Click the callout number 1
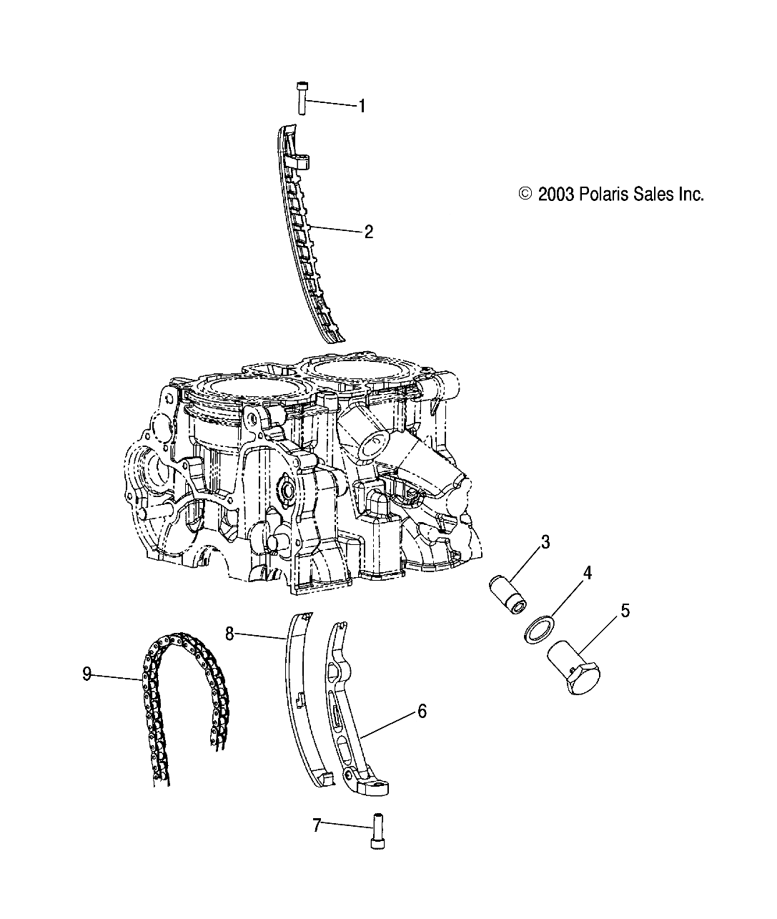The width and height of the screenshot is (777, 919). point(362,107)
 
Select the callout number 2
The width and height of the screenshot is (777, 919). point(369,232)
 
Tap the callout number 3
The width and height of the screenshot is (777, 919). point(565,543)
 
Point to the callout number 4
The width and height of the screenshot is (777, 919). point(587,573)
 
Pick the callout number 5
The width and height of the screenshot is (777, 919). point(625,611)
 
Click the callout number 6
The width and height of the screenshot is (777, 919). point(422,712)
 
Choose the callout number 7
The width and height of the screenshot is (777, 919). point(317,825)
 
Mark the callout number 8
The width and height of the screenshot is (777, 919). point(229,633)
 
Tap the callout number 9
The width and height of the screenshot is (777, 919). point(87,674)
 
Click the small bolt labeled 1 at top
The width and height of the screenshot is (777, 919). point(300,98)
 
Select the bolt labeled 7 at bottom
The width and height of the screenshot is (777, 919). point(377,834)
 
